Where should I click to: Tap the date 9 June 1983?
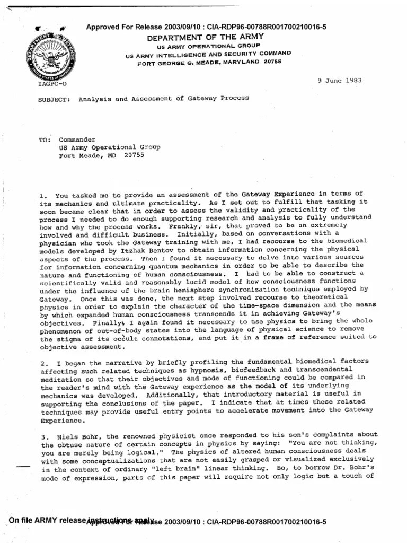[x=339, y=81]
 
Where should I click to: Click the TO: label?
[x=45, y=141]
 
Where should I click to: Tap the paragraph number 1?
[x=42, y=197]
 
